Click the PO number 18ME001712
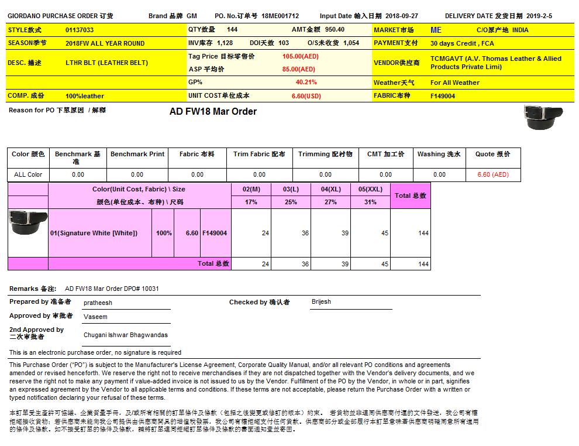[280, 16]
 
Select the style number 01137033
[80, 30]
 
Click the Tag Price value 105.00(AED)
[300, 57]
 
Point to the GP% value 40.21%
[306, 83]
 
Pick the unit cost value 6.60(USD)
[306, 96]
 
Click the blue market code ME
[436, 30]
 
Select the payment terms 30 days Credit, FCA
[462, 43]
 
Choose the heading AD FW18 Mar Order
[213, 112]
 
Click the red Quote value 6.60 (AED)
[492, 174]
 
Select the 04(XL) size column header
[330, 190]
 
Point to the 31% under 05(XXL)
[370, 202]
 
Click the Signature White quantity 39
[344, 233]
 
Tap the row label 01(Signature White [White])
[94, 233]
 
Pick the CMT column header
[385, 155]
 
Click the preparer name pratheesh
[98, 303]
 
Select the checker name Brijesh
[321, 302]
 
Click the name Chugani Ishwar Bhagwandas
[125, 335]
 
